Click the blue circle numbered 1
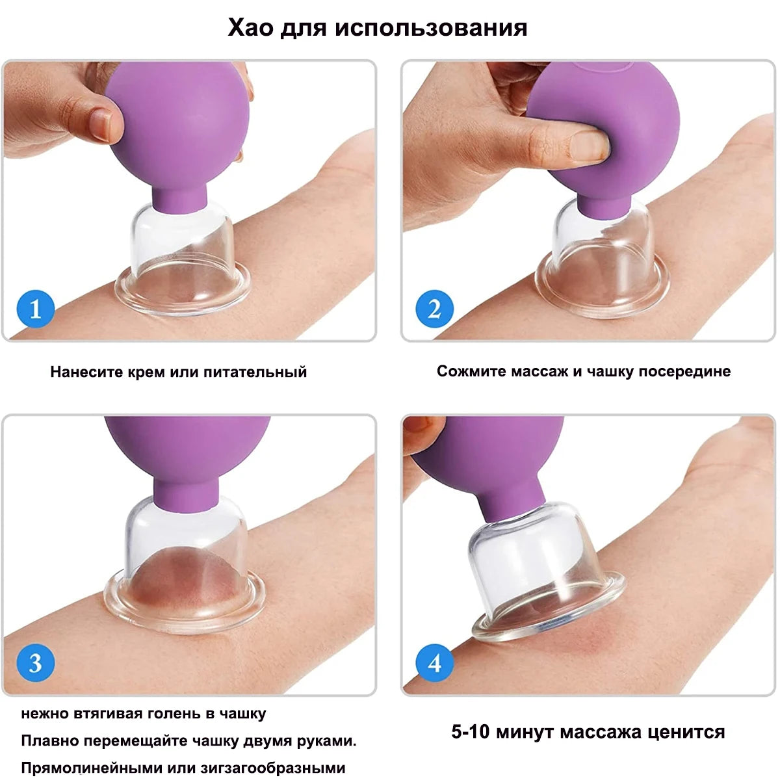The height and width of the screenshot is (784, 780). [35, 309]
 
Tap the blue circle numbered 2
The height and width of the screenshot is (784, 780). [434, 309]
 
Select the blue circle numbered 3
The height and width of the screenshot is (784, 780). [35, 662]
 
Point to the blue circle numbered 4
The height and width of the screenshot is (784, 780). [434, 662]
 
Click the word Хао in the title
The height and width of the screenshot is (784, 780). [250, 28]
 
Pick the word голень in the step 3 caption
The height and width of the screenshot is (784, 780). [175, 714]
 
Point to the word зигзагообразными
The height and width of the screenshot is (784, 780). [273, 768]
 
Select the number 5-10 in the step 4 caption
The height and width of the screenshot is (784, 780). [471, 732]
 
